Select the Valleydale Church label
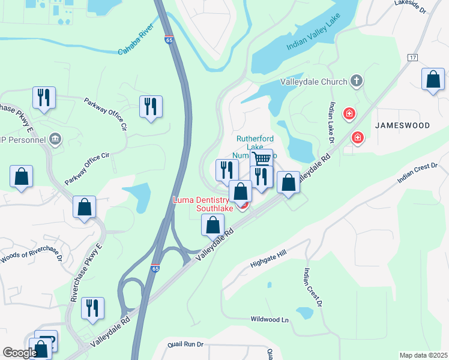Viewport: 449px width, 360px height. [314, 82]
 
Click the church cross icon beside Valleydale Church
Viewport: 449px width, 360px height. [356, 80]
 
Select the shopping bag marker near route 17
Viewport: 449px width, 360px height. [433, 80]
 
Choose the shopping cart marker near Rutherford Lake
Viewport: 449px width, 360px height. [261, 159]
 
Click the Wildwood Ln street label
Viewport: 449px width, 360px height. [270, 319]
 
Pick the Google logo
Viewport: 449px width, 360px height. [19, 353]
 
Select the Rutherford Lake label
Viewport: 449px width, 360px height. [250, 143]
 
